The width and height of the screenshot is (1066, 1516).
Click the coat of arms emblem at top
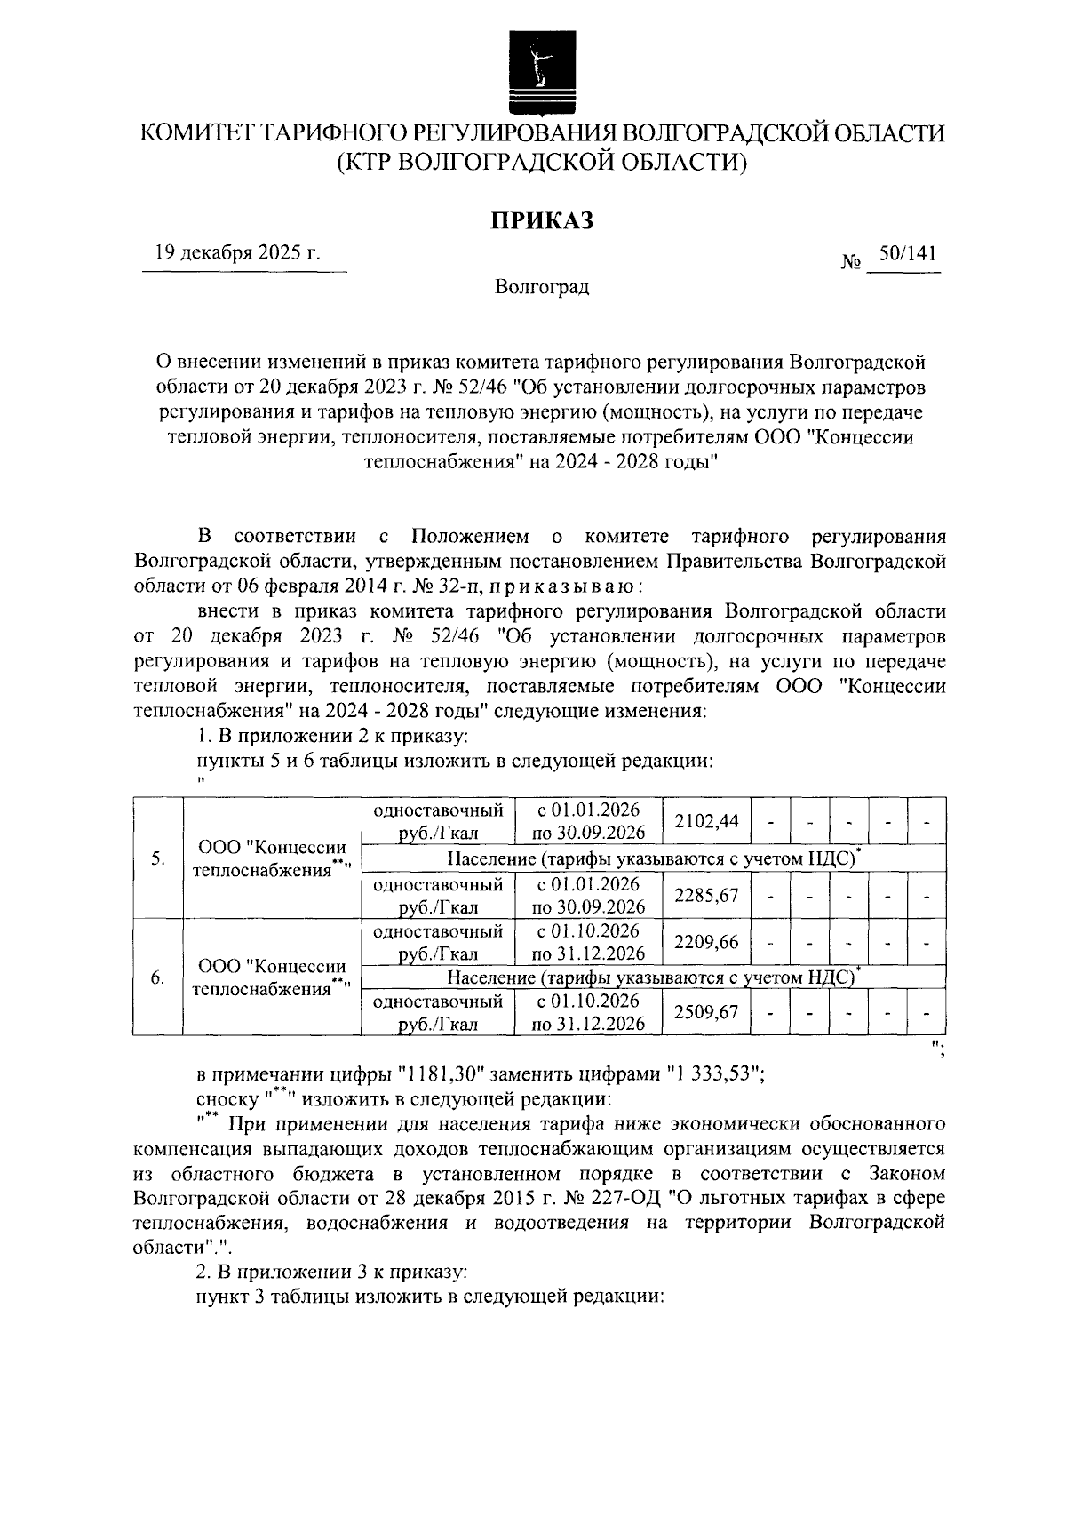pyautogui.click(x=541, y=65)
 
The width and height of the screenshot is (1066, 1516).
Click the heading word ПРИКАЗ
pyautogui.click(x=542, y=220)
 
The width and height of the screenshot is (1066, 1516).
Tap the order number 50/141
pyautogui.click(x=906, y=254)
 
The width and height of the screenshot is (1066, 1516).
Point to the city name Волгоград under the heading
pyautogui.click(x=542, y=287)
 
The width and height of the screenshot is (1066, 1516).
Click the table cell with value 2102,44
pyautogui.click(x=706, y=820)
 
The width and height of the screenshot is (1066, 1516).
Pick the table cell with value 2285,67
pyautogui.click(x=706, y=895)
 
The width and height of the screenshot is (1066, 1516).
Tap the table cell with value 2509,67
pyautogui.click(x=706, y=1011)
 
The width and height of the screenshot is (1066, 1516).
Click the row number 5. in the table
pyautogui.click(x=157, y=858)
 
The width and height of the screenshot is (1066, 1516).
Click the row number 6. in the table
pyautogui.click(x=157, y=977)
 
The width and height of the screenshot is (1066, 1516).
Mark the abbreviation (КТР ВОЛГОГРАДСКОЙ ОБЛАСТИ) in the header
pyautogui.click(x=542, y=163)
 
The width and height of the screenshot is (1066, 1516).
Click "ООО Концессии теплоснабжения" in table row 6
pyautogui.click(x=272, y=977)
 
